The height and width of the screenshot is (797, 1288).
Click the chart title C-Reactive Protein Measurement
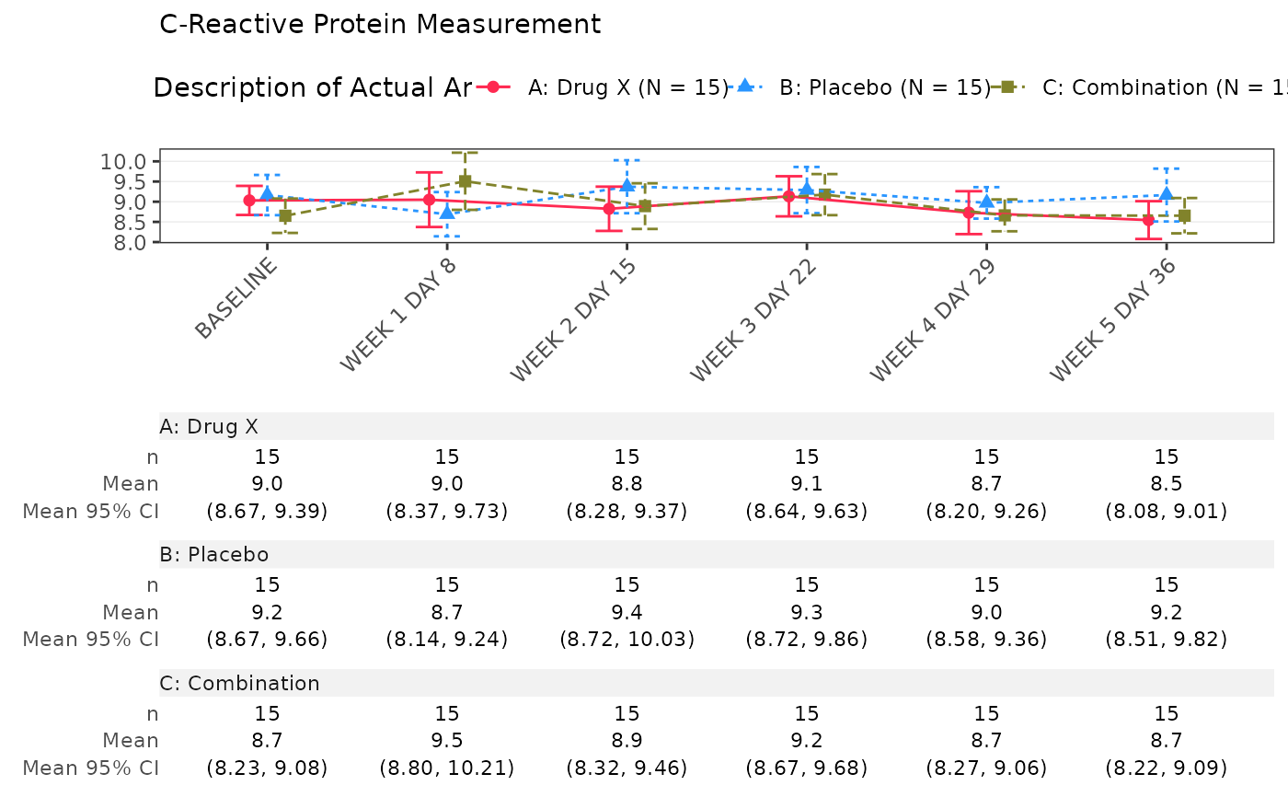click(x=380, y=24)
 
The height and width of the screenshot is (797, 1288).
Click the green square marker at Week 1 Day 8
click(x=465, y=181)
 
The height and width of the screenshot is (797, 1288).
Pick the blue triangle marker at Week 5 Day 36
click(x=1167, y=194)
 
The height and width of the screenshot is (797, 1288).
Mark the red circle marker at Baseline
click(x=249, y=200)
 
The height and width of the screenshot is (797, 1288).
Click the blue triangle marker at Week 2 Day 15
click(x=627, y=186)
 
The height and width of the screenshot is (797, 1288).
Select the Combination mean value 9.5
click(x=447, y=740)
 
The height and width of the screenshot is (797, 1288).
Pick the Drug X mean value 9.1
click(x=807, y=483)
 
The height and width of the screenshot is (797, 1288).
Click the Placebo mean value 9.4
click(x=627, y=612)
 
